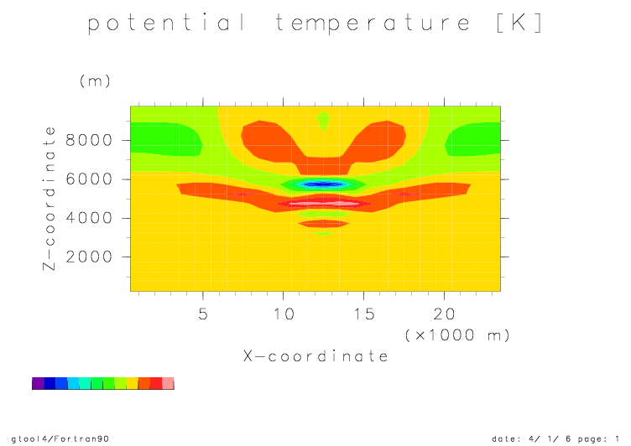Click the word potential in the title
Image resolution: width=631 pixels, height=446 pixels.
tap(166, 23)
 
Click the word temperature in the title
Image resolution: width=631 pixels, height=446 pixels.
tap(373, 23)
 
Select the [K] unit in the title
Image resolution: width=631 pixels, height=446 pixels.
tap(519, 23)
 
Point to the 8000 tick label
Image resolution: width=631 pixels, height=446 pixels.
tap(89, 140)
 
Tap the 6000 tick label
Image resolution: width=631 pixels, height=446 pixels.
tap(89, 179)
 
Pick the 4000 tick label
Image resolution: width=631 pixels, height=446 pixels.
tap(89, 218)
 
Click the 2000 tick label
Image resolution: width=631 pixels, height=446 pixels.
tap(89, 257)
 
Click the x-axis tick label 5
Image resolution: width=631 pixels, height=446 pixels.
tap(203, 314)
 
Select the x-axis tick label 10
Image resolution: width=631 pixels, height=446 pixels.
tap(284, 314)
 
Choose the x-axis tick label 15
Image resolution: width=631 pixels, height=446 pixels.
tap(364, 314)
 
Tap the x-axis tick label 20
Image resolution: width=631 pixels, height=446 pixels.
tap(444, 314)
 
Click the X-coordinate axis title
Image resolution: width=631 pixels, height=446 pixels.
tap(315, 356)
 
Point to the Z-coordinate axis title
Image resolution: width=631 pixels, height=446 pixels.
tap(50, 199)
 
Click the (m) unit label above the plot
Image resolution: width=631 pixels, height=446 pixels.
tap(95, 81)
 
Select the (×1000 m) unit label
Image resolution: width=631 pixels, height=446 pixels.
tap(457, 335)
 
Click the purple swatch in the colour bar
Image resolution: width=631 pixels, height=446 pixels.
tap(38, 383)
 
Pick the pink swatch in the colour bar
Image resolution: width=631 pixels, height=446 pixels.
tap(168, 383)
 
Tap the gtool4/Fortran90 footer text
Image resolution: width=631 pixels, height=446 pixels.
tap(60, 438)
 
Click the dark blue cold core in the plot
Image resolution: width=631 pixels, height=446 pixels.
tap(323, 184)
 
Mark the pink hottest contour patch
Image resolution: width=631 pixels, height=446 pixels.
tap(324, 204)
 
